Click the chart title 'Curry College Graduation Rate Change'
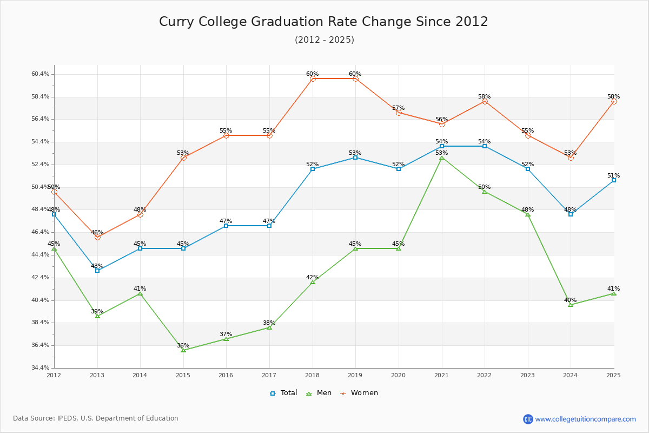tap(323, 22)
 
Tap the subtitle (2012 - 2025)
tap(324, 40)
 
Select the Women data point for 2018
tap(313, 79)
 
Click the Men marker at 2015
tap(183, 350)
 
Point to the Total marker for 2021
tap(442, 146)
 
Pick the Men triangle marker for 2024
tap(571, 305)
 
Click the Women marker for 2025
tap(614, 101)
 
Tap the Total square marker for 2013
tap(97, 270)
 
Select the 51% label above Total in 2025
tap(613, 175)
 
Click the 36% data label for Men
tap(183, 345)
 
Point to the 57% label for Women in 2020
tap(398, 108)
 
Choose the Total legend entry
tap(283, 393)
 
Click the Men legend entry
tap(320, 393)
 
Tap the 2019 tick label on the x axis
tap(355, 375)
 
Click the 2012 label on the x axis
tap(54, 375)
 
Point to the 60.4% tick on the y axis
tap(41, 74)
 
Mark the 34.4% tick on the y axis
tap(41, 368)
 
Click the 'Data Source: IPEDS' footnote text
tap(96, 418)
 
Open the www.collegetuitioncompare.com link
tap(585, 419)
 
